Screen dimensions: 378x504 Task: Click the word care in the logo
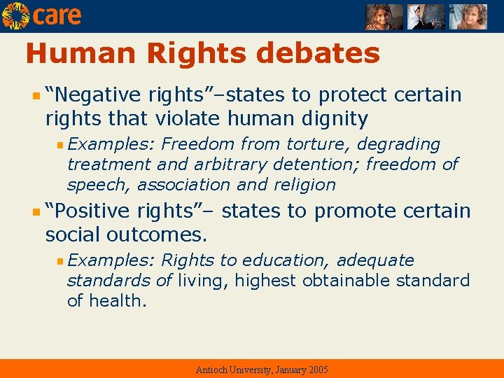57,15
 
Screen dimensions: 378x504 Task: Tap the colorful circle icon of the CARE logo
15,15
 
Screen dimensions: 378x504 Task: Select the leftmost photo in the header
384,17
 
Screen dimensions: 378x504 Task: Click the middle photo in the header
426,17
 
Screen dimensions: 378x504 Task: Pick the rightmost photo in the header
468,17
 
